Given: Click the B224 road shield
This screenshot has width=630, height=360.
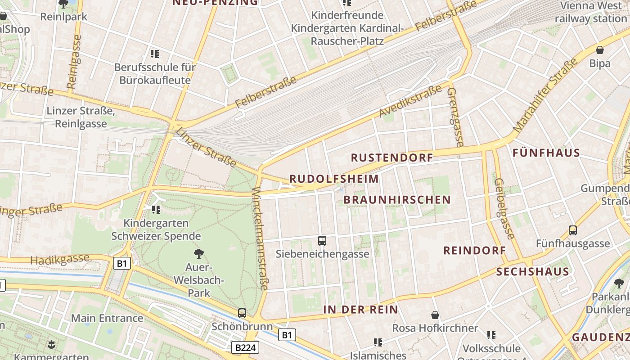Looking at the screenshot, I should (x=246, y=347).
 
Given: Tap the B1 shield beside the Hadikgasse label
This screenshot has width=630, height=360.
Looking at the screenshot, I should (x=121, y=263).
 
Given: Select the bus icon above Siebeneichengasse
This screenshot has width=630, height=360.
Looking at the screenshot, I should (x=322, y=241).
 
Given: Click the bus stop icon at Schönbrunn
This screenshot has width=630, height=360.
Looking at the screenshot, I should (x=242, y=313).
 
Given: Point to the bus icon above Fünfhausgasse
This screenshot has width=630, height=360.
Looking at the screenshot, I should (x=573, y=230).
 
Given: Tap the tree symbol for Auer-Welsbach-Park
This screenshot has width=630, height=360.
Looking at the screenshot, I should (x=198, y=254).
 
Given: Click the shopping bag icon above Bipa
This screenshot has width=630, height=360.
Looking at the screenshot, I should (x=600, y=50).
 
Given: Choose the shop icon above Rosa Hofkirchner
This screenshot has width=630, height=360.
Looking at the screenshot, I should (x=435, y=315).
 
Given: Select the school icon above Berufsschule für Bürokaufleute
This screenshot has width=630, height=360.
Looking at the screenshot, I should (x=155, y=54).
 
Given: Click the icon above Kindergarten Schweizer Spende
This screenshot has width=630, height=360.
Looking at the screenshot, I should (x=156, y=209).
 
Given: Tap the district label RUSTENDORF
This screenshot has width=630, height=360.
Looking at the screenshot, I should (x=391, y=157).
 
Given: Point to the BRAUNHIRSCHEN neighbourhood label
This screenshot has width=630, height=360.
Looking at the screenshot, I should (x=397, y=200).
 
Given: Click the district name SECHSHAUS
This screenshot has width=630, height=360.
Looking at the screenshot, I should (x=533, y=272).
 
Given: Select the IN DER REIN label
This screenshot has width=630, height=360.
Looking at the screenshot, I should (x=360, y=310).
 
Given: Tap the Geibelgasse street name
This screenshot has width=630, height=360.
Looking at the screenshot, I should (x=504, y=209).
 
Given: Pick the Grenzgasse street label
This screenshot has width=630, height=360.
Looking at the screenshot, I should (x=455, y=117).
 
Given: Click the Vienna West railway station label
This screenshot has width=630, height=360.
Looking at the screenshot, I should (x=590, y=12).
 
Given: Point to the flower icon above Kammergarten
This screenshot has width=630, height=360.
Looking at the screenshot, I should (x=51, y=345).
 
